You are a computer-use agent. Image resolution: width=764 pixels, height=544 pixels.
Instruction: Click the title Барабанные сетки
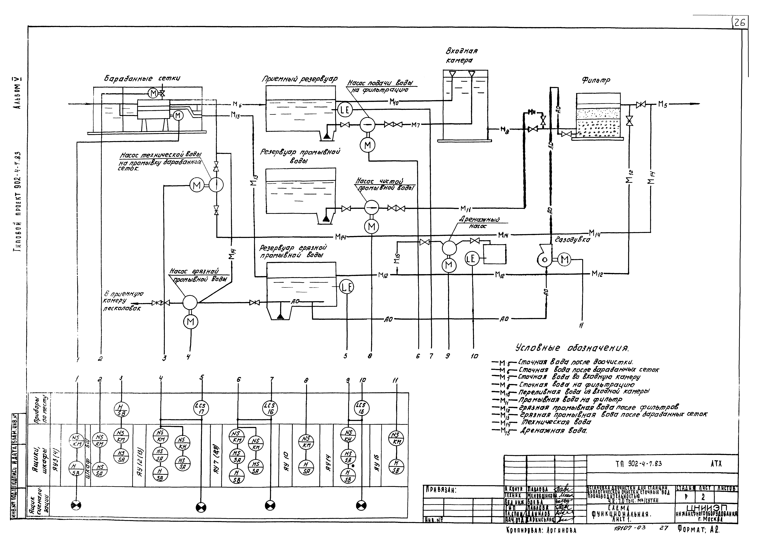[x=142, y=79]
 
